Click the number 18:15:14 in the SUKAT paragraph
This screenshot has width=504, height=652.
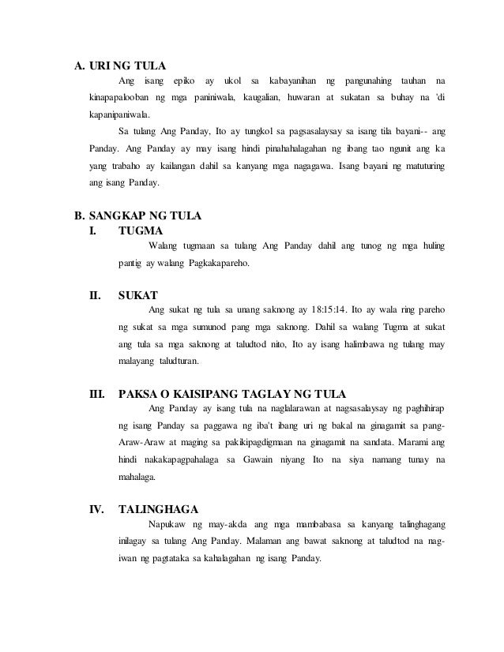[x=324, y=311]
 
